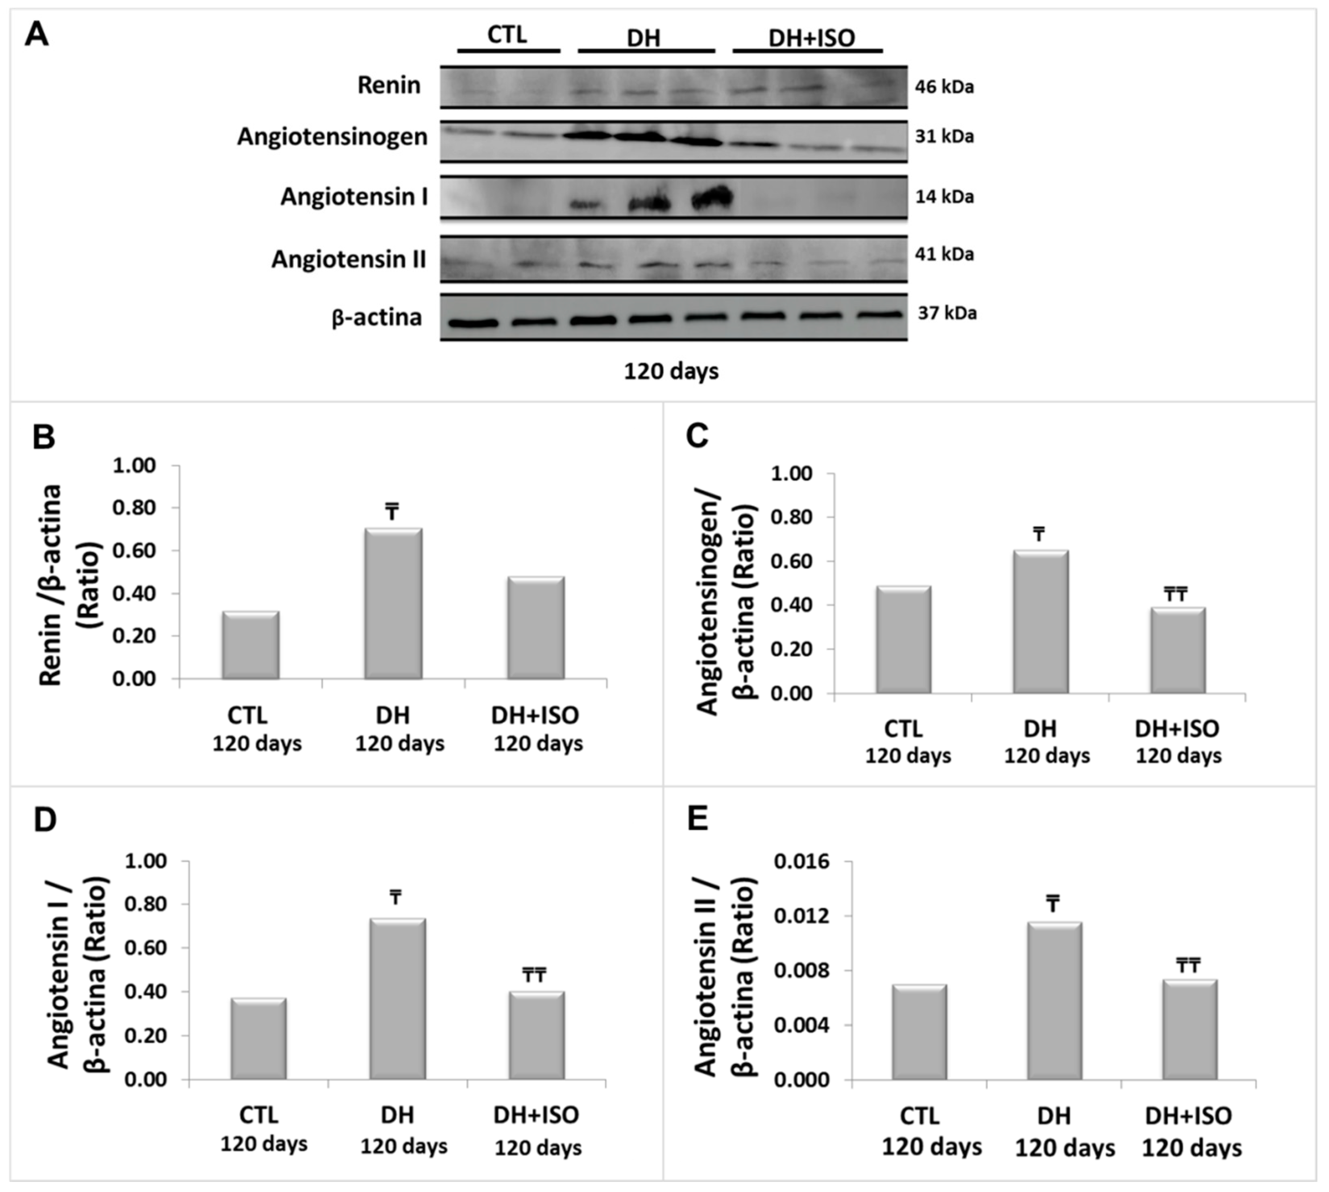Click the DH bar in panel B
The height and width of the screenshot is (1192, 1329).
tap(393, 604)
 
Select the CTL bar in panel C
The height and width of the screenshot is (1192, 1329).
tap(903, 640)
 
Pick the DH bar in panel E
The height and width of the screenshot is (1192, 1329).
tap(1054, 1001)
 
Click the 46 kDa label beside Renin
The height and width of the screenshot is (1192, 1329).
tap(944, 86)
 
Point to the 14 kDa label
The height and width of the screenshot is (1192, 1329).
tap(944, 196)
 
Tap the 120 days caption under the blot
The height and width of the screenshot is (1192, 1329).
tap(671, 371)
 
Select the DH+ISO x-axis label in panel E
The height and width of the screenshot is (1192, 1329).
tap(1188, 1115)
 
